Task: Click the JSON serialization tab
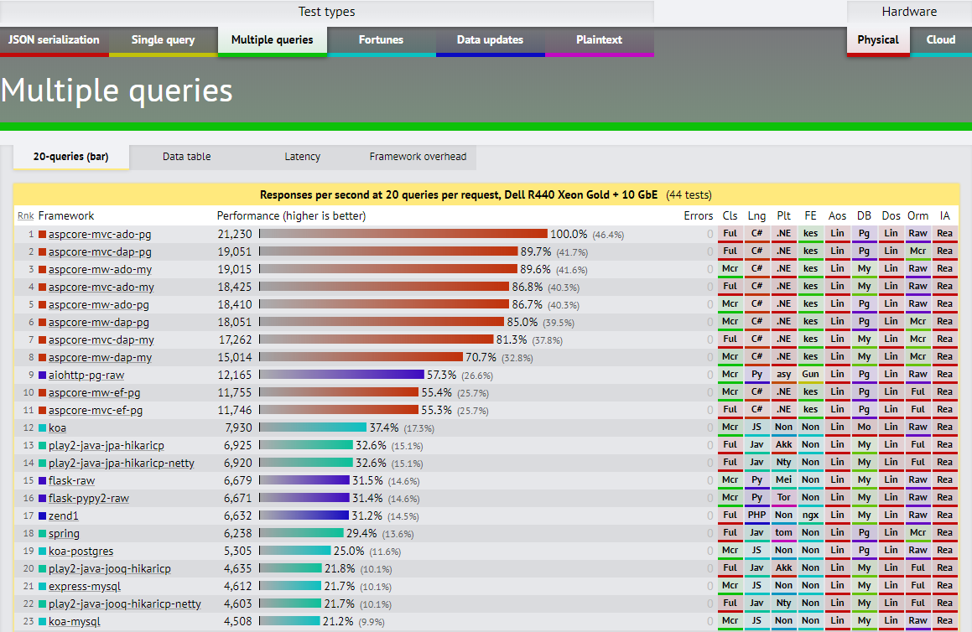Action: (x=55, y=40)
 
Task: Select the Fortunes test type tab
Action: (x=381, y=40)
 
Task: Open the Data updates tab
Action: (x=490, y=40)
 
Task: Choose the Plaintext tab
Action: (x=599, y=40)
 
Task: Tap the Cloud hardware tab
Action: (x=940, y=40)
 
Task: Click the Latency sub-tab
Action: (x=302, y=157)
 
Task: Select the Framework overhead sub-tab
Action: (x=418, y=157)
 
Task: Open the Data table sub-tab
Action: (x=186, y=157)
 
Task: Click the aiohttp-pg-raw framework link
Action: (x=86, y=375)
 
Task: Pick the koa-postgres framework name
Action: (x=81, y=551)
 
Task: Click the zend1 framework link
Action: (x=63, y=515)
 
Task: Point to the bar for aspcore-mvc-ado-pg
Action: (x=403, y=234)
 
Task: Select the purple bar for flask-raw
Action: (x=304, y=480)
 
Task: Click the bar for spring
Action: (x=301, y=533)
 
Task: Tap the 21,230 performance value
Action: (x=235, y=234)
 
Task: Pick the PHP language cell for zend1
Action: (x=756, y=515)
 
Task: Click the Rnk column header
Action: (x=26, y=216)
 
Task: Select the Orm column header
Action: (x=917, y=216)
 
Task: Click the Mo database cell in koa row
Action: (x=864, y=427)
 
